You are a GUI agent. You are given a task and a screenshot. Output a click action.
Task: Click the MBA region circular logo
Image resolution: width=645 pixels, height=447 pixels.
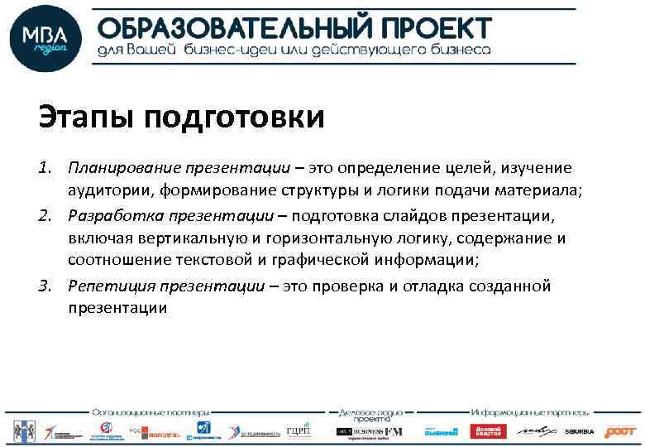point(45,39)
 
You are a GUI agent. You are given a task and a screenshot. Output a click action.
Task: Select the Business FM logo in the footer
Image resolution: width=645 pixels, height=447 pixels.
point(368,431)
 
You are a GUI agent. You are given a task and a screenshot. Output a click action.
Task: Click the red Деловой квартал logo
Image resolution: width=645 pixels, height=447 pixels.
point(488,431)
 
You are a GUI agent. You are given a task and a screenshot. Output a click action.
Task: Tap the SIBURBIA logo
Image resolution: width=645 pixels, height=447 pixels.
point(580,432)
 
